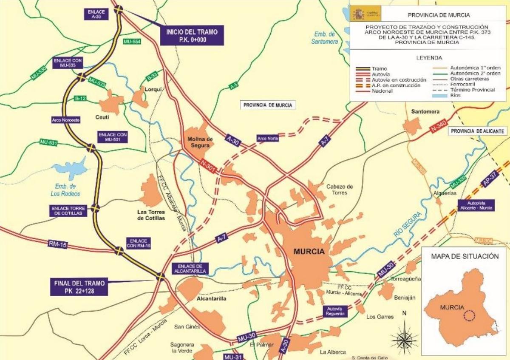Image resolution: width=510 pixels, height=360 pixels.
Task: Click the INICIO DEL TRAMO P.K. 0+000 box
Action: point(192,35)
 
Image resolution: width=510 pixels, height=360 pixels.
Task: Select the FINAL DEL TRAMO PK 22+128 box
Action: point(79,286)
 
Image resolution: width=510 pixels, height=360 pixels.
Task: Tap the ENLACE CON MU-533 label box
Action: point(68,63)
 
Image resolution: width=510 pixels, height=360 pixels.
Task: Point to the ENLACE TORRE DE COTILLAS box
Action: point(69,211)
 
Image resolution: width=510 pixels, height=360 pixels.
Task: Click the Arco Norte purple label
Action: point(267,138)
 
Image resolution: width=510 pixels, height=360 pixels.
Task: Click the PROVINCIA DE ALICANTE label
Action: point(479,131)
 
